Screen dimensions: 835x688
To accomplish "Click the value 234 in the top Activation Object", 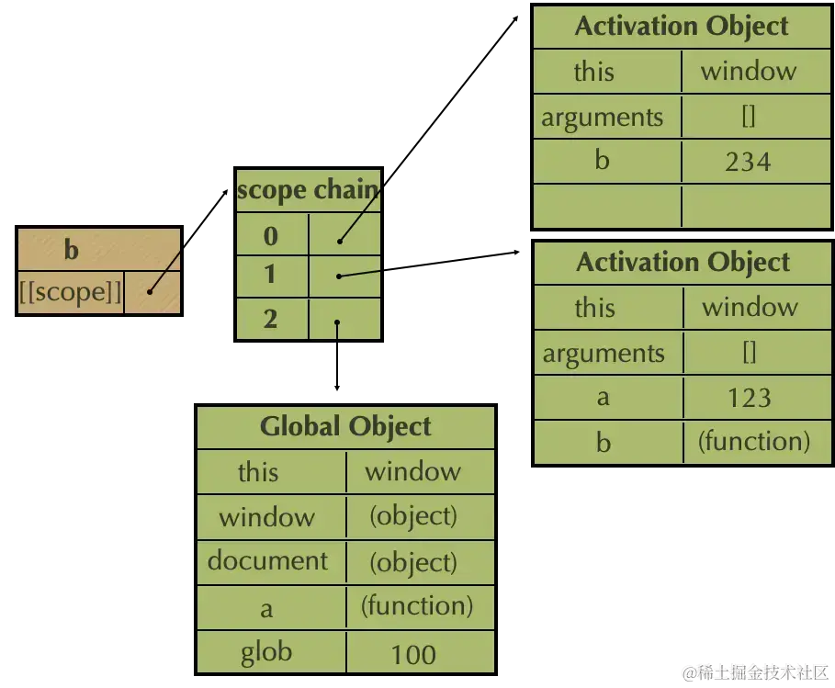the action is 747,163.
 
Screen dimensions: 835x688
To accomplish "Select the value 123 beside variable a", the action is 749,398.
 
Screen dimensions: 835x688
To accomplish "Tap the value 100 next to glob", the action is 413,655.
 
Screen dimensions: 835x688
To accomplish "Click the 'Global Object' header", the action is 345,426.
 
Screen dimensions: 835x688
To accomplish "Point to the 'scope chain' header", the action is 308,190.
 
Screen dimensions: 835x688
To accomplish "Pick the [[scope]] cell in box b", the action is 71,293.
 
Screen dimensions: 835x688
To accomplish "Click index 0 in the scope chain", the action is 271,236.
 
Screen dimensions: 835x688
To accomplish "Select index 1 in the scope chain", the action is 271,276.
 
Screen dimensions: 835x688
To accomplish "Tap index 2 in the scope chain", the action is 271,319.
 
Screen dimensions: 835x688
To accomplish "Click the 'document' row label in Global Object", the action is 267,561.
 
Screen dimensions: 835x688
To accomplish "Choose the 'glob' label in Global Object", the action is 266,653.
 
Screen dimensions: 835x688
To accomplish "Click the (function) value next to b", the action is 753,442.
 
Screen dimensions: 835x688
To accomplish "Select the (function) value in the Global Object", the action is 416,606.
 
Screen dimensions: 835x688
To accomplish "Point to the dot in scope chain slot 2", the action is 338,322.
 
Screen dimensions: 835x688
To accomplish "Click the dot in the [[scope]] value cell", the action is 150,292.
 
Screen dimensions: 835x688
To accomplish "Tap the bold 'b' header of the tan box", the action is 72,249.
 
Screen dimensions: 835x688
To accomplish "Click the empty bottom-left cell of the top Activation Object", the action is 606,207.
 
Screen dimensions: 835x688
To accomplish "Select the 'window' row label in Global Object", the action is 266,517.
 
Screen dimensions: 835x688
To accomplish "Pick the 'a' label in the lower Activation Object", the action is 604,398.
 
